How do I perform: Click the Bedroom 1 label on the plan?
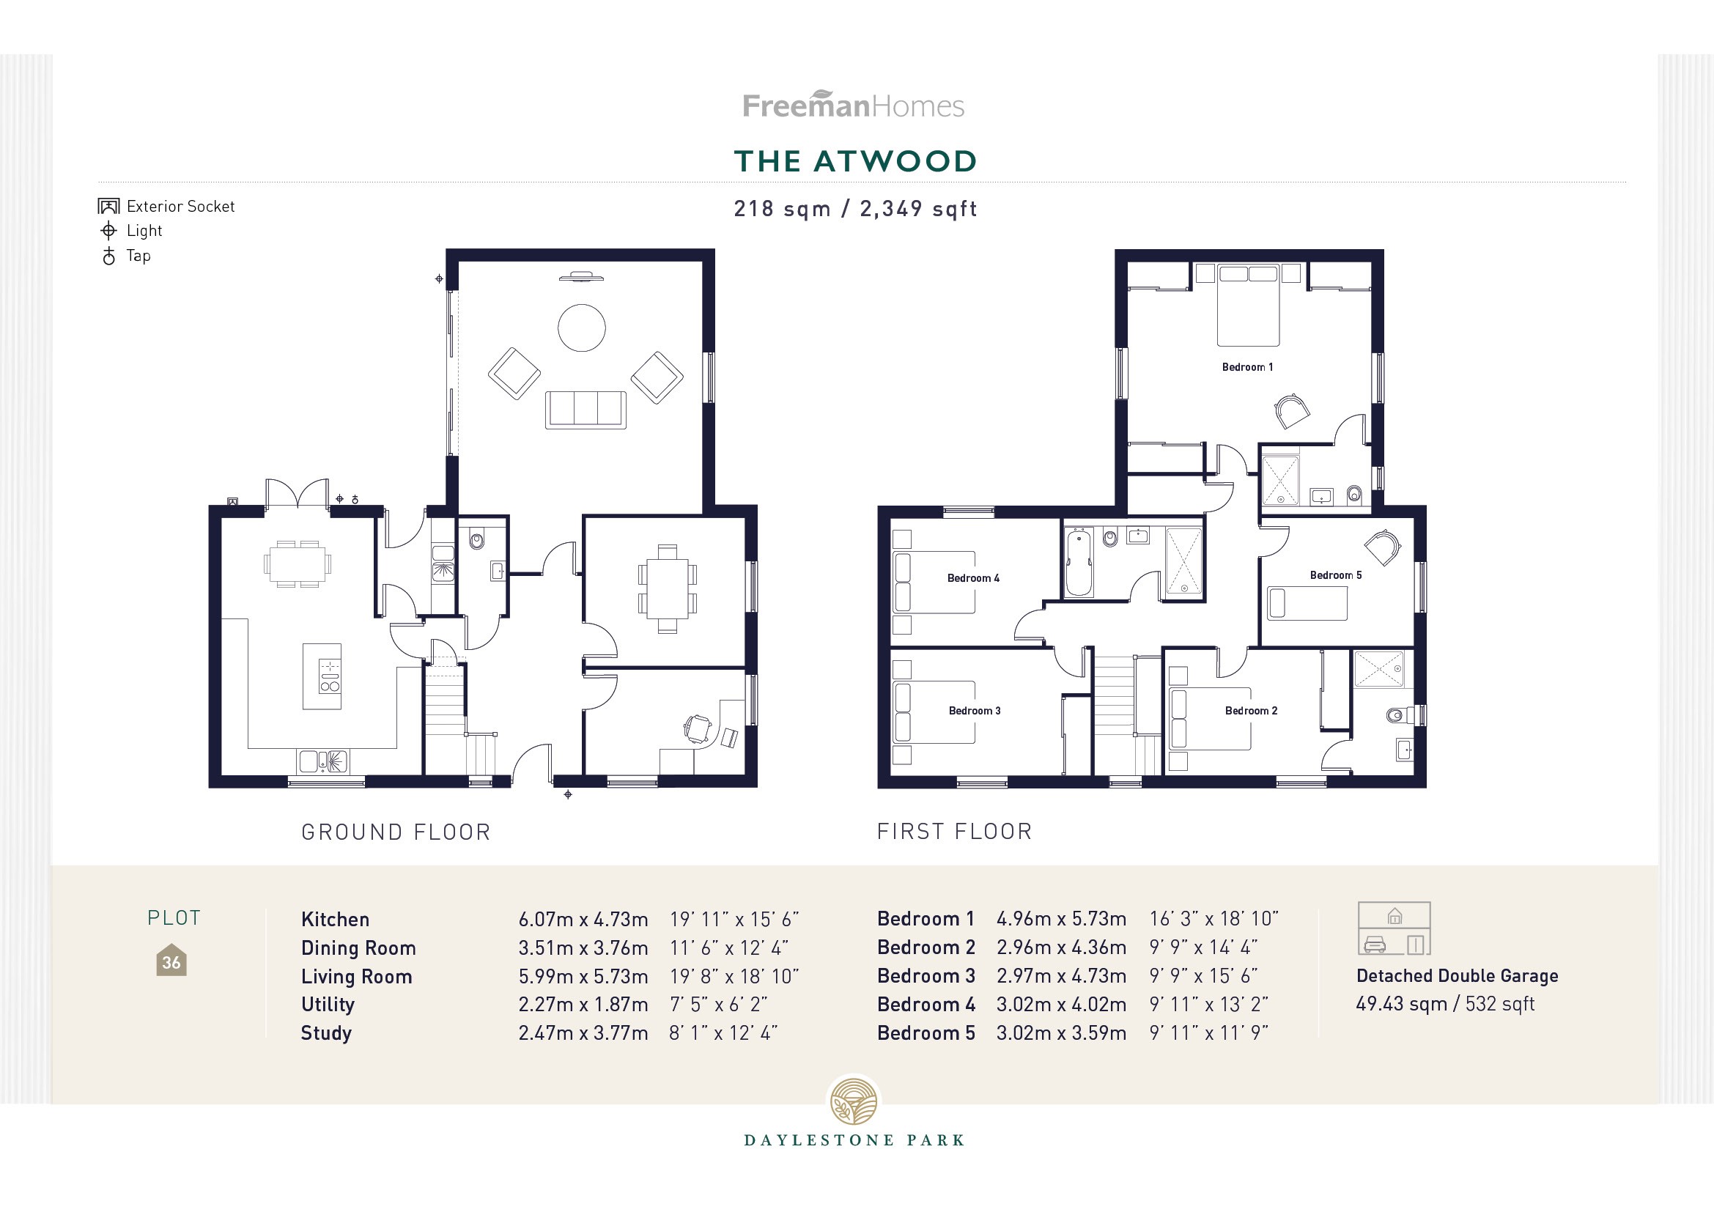click(x=1246, y=366)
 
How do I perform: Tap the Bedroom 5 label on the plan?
click(x=1336, y=574)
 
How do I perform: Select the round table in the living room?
click(x=582, y=328)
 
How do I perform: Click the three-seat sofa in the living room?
click(x=586, y=409)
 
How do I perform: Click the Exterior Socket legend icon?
click(x=109, y=206)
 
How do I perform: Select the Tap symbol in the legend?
click(x=109, y=256)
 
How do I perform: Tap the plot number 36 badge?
click(x=171, y=961)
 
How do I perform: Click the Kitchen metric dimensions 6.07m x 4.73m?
click(x=583, y=919)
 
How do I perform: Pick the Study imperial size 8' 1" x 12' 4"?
click(x=723, y=1033)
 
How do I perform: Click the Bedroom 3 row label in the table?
click(x=926, y=975)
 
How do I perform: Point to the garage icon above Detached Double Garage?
click(x=1394, y=928)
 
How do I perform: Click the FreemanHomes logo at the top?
click(x=853, y=106)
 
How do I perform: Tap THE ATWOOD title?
click(x=854, y=161)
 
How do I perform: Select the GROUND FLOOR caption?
click(x=396, y=832)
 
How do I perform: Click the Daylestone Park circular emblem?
click(x=854, y=1101)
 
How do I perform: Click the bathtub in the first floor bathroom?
click(x=1078, y=562)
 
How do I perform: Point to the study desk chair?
click(x=698, y=728)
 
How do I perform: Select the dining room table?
click(x=668, y=588)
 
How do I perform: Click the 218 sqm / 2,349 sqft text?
click(x=854, y=209)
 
